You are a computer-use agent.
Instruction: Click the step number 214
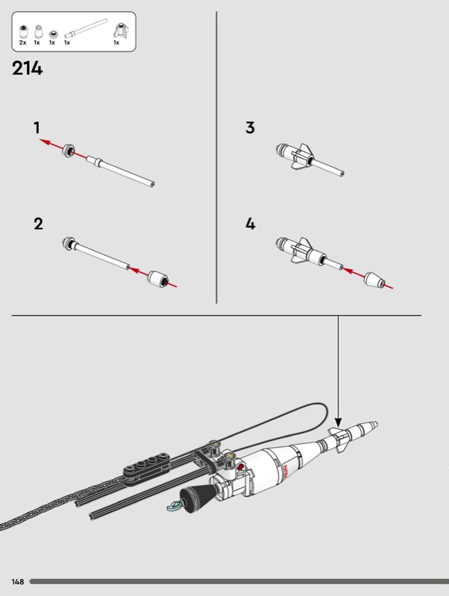[x=28, y=69]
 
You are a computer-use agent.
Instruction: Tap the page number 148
[x=18, y=581]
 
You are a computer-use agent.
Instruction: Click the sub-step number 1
[x=37, y=128]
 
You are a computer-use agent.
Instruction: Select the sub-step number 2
[x=38, y=223]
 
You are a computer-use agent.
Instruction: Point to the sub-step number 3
[x=250, y=128]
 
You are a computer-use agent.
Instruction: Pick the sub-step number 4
[x=250, y=223]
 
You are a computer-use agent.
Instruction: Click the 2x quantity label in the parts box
[x=22, y=43]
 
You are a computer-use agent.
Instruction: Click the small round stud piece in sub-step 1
[x=69, y=150]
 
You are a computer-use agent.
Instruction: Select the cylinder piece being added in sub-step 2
[x=157, y=278]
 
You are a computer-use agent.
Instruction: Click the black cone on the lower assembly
[x=196, y=495]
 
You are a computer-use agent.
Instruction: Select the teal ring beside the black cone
[x=174, y=507]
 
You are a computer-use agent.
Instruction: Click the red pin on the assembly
[x=240, y=474]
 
